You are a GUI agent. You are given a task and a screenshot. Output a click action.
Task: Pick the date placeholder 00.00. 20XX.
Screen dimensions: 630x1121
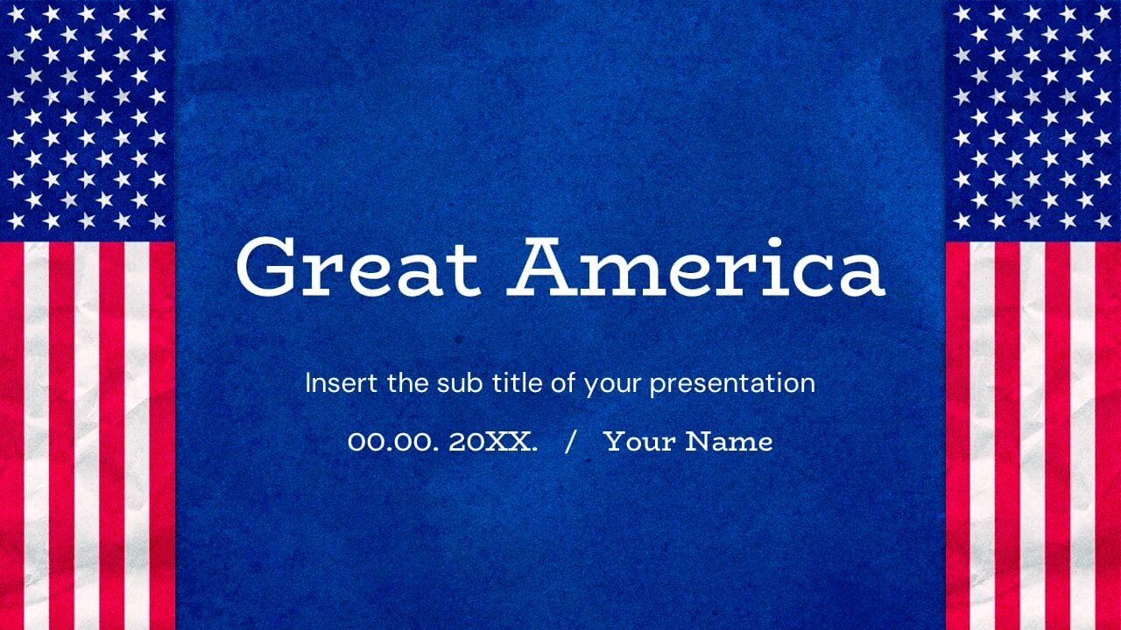[442, 442]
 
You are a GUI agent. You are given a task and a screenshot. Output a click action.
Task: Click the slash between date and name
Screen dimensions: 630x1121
[571, 442]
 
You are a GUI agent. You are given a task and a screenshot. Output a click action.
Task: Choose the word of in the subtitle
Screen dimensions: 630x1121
[566, 383]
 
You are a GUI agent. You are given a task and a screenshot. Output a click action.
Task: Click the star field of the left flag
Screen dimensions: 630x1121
[87, 118]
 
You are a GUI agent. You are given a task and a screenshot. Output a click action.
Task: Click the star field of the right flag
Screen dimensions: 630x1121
[1033, 118]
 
